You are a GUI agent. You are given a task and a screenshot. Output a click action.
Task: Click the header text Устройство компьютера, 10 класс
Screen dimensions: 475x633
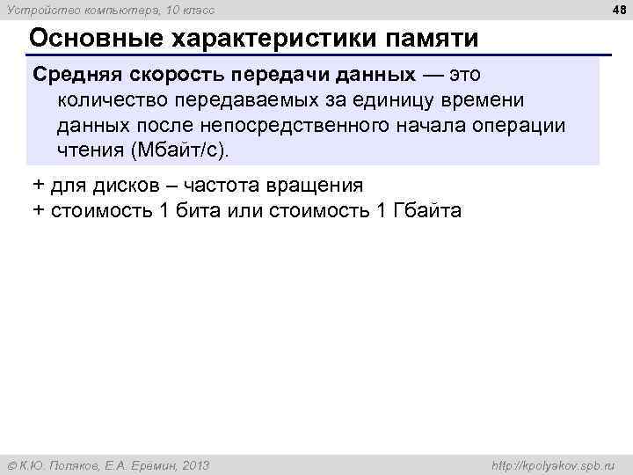(110, 10)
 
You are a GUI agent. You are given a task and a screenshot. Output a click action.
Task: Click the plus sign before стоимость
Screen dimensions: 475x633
(39, 211)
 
